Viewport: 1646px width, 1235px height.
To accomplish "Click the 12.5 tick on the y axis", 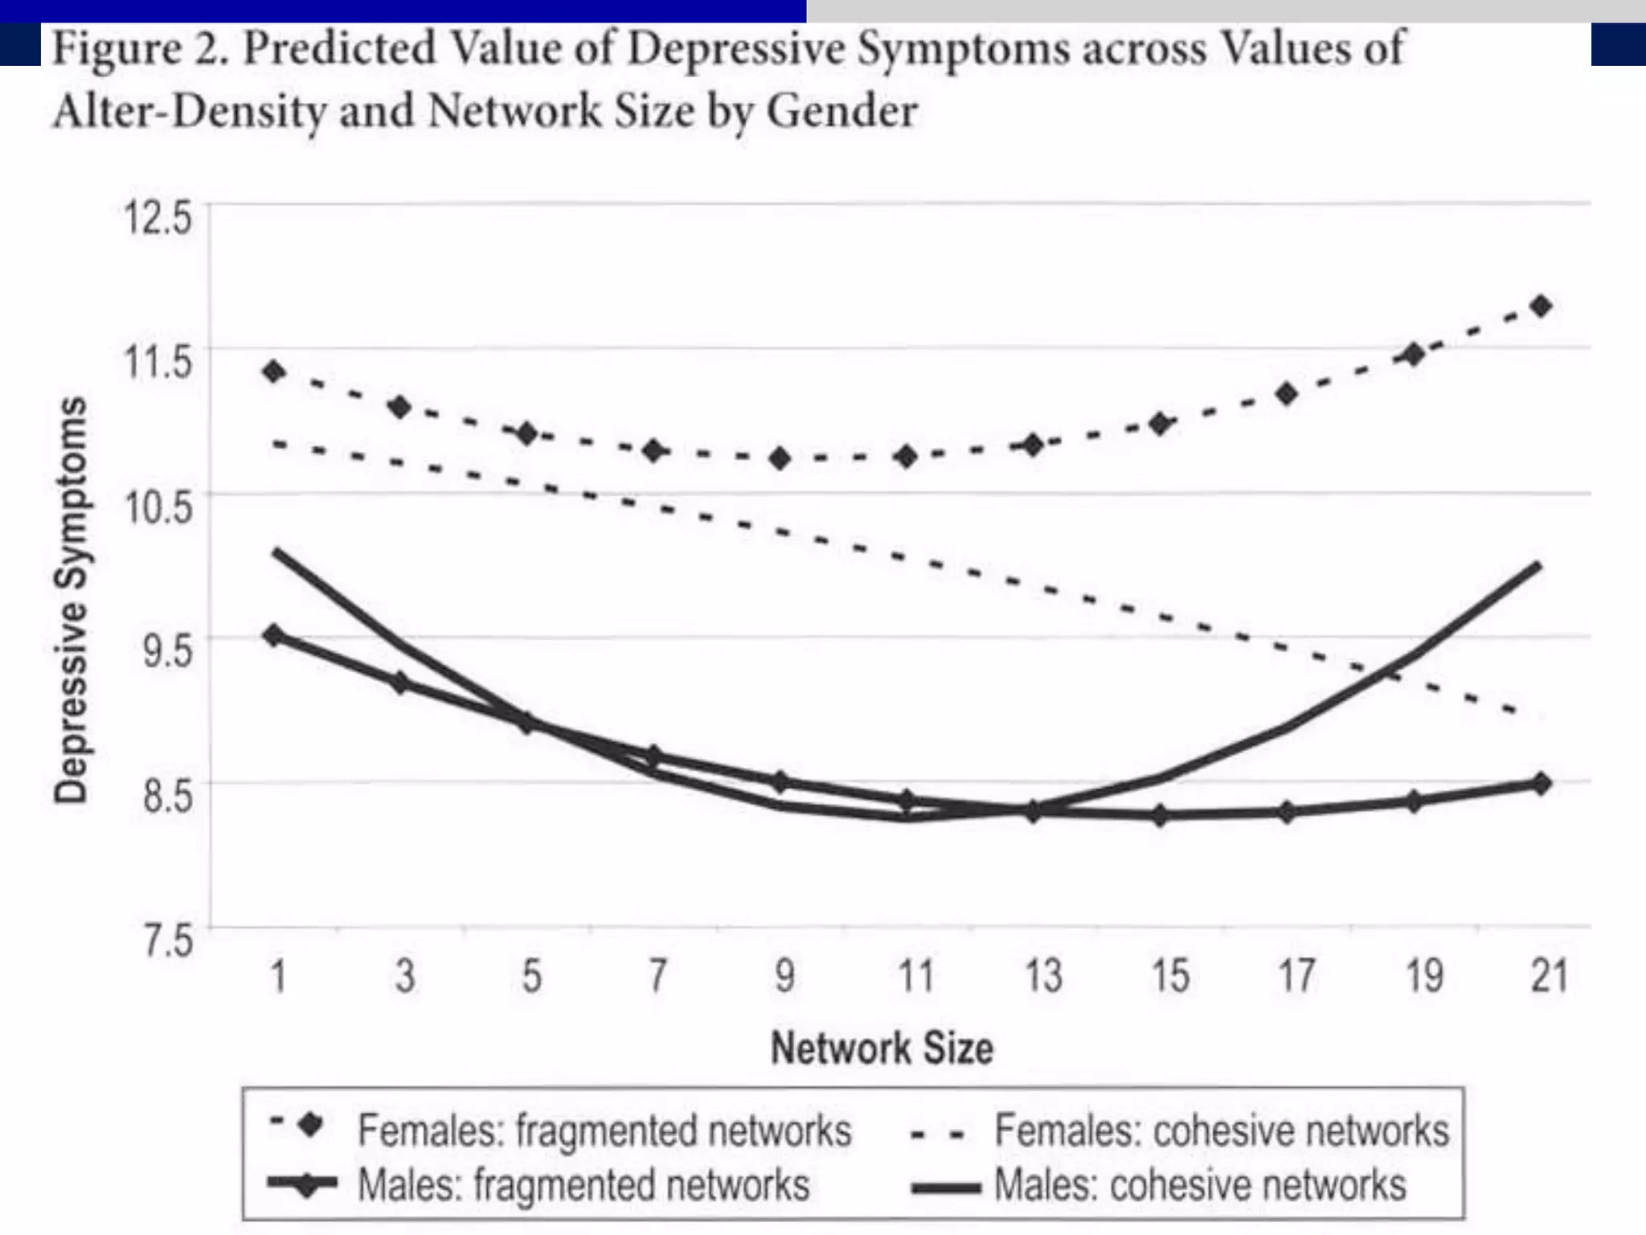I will point(158,217).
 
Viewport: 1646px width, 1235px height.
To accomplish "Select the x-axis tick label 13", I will point(1043,976).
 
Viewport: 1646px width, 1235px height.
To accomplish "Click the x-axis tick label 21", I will point(1549,976).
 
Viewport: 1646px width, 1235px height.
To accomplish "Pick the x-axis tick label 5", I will point(531,976).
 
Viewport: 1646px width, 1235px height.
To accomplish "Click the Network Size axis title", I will point(882,1048).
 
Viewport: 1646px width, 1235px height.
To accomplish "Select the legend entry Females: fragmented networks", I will point(604,1130).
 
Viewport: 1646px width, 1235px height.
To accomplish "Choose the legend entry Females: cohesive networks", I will point(1221,1130).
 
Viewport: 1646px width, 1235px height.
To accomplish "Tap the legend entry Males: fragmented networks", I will point(583,1185).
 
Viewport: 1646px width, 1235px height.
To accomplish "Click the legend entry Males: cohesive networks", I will point(1199,1185).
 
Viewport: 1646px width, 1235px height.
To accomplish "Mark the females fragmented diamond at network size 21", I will point(1541,306).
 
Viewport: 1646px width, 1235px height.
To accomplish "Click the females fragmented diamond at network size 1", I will point(275,371).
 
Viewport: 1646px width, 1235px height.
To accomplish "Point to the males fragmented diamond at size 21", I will point(1541,783).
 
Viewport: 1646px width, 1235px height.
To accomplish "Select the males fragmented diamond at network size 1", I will point(275,635).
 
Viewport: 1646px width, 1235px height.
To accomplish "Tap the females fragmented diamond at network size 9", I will point(780,459).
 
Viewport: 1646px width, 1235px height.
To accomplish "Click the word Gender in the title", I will point(841,111).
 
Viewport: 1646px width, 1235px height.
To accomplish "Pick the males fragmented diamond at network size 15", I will point(1160,815).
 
